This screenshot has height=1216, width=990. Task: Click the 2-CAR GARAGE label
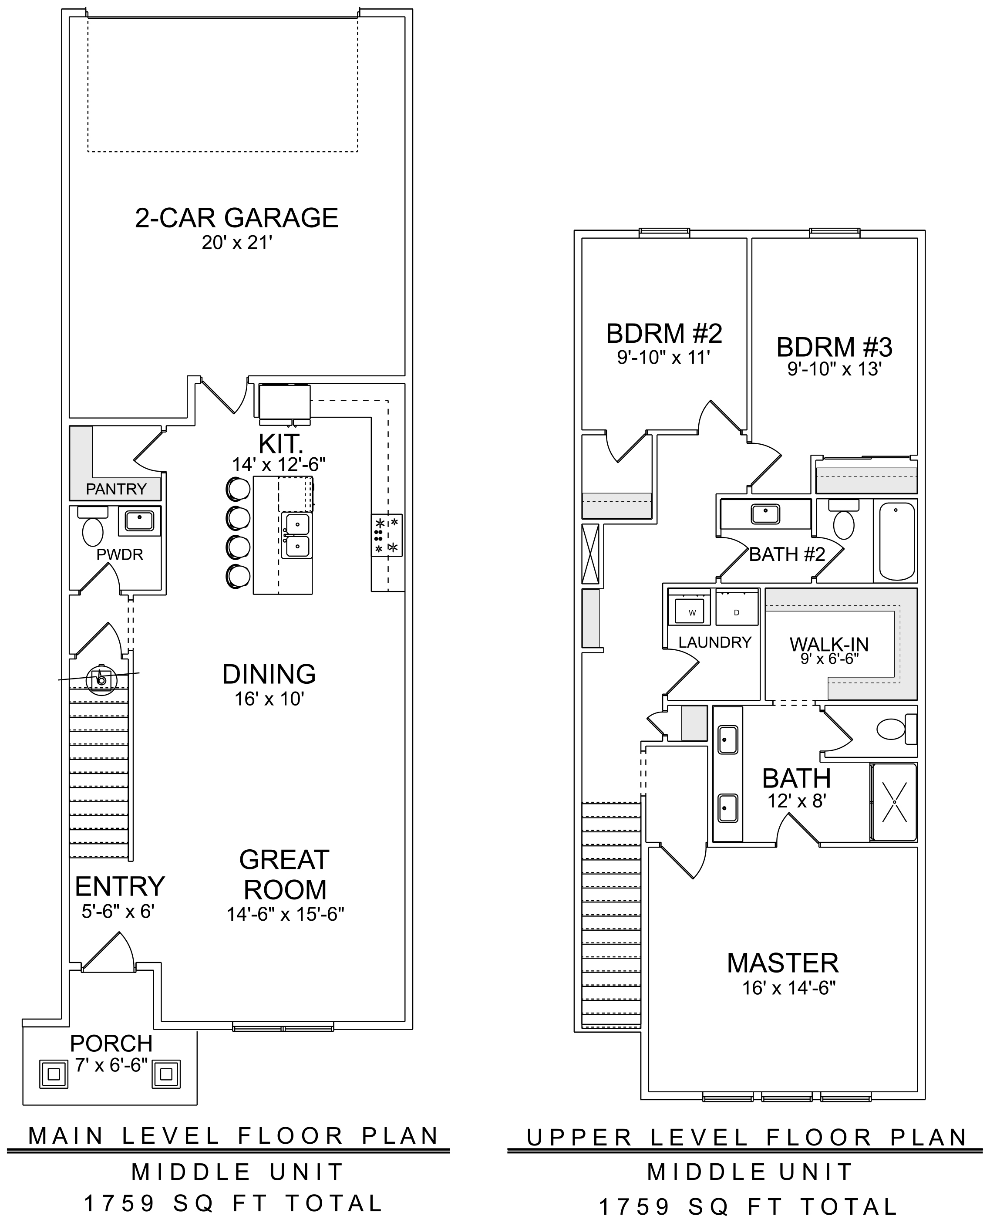(237, 218)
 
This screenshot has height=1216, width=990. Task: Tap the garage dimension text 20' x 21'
(237, 243)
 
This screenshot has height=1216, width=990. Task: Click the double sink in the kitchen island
(296, 535)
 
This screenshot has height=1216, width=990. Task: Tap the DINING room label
(269, 674)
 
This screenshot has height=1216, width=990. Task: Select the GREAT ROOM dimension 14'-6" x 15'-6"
(285, 914)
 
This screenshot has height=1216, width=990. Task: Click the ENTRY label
(120, 887)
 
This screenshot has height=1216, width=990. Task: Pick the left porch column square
(54, 1074)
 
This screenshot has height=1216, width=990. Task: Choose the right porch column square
(166, 1074)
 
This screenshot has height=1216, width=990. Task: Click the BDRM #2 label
(664, 334)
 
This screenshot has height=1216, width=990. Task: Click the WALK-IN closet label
(829, 644)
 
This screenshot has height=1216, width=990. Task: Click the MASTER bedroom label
(782, 963)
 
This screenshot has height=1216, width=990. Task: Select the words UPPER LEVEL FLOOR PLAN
(747, 1138)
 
